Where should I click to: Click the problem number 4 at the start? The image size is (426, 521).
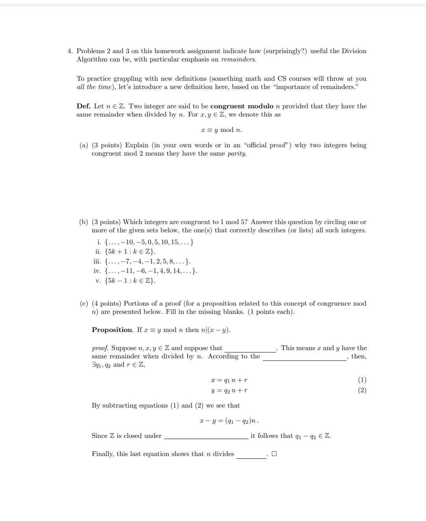pos(69,51)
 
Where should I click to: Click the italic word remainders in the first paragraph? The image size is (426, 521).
pos(238,59)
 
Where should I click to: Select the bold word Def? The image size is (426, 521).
pos(83,106)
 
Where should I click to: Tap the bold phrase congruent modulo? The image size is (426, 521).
pos(242,106)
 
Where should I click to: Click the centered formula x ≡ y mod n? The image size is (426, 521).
pos(221,130)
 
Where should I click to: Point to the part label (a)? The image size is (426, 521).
pos(84,145)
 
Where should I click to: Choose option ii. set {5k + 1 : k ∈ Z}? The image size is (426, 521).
pos(130,252)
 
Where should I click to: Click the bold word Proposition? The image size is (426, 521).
pos(112,330)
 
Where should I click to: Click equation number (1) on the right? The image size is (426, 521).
pos(362,380)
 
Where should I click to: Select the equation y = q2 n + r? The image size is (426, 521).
pos(229,391)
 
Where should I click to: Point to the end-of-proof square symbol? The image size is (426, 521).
pos(274,454)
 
